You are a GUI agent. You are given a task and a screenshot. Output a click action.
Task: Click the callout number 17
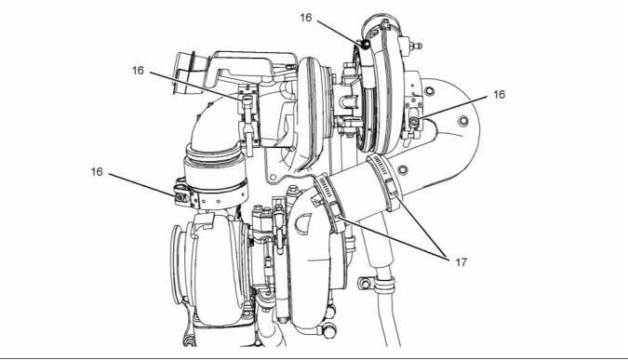tap(461, 262)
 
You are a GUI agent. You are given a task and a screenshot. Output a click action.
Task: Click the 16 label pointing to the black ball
tap(305, 18)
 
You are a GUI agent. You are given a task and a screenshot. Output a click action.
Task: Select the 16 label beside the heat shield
tap(499, 95)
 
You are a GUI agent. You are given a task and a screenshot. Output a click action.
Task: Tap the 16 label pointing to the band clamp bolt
tap(97, 172)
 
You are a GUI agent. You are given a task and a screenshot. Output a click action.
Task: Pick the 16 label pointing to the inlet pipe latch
tap(138, 71)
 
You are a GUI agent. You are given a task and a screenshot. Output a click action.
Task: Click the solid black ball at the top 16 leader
tap(365, 45)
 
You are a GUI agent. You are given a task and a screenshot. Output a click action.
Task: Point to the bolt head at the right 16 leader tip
tap(414, 121)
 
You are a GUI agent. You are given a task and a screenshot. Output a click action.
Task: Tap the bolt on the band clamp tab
tap(181, 197)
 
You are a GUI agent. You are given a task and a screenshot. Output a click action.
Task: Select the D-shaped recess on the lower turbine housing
tap(303, 222)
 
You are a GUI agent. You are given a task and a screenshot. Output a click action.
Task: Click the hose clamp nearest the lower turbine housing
tap(329, 202)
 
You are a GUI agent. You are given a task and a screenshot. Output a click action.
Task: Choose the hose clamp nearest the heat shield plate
tap(384, 181)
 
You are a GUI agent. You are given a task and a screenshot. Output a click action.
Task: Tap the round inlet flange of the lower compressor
tap(178, 263)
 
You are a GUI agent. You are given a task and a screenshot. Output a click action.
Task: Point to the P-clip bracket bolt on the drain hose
tap(365, 283)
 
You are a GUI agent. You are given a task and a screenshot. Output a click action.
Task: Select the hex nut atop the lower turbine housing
tap(293, 190)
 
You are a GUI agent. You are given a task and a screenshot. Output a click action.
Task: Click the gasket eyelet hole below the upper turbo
tap(274, 177)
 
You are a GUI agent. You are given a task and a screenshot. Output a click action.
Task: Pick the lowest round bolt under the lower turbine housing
tap(329, 332)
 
